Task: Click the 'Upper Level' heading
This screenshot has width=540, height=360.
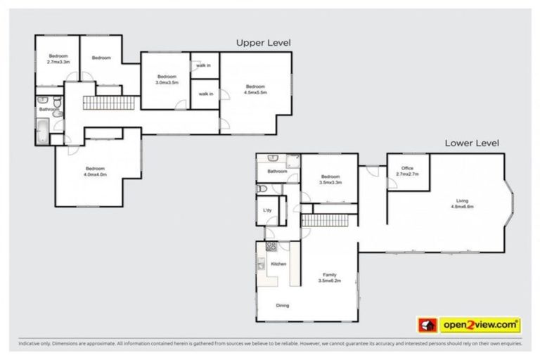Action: pyautogui.click(x=263, y=43)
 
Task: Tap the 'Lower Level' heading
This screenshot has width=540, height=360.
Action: pyautogui.click(x=472, y=143)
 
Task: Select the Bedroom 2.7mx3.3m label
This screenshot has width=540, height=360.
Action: pyautogui.click(x=58, y=59)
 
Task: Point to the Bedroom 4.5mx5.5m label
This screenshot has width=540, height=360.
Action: pyautogui.click(x=255, y=89)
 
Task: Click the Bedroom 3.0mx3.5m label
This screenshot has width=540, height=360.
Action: pyautogui.click(x=166, y=79)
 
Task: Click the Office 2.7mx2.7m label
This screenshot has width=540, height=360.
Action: pyautogui.click(x=407, y=171)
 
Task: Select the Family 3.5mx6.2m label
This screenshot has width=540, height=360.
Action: pyautogui.click(x=329, y=277)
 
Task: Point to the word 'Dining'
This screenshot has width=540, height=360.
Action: pyautogui.click(x=282, y=305)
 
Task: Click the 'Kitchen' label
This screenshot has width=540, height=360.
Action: pyautogui.click(x=278, y=264)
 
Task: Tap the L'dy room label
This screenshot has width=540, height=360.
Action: pyautogui.click(x=267, y=211)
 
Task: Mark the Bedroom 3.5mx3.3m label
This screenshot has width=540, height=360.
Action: pyautogui.click(x=330, y=179)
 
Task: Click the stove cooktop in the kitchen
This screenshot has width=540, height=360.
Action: pyautogui.click(x=270, y=247)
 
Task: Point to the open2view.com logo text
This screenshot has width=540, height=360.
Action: pyautogui.click(x=480, y=326)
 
